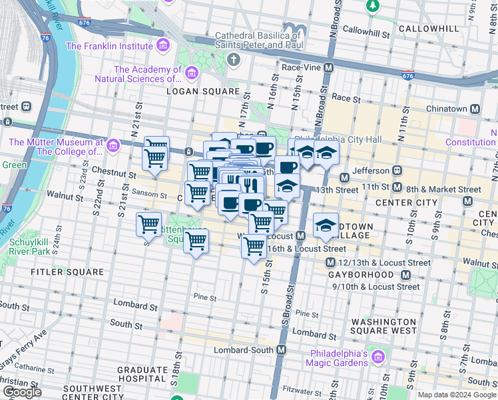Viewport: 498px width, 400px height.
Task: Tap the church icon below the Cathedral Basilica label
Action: point(233,61)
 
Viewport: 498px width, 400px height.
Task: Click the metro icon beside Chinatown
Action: point(475,109)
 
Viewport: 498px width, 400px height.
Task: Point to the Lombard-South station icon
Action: point(281,350)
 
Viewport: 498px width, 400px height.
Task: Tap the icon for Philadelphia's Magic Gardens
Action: point(378,357)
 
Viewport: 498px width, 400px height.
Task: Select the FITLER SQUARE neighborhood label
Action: point(67,272)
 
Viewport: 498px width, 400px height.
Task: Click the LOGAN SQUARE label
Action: point(202,91)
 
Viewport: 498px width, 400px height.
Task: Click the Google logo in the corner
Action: point(22,392)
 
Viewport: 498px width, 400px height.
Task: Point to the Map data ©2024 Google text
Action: point(457,395)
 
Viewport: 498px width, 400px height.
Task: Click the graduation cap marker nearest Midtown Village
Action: point(326,226)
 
